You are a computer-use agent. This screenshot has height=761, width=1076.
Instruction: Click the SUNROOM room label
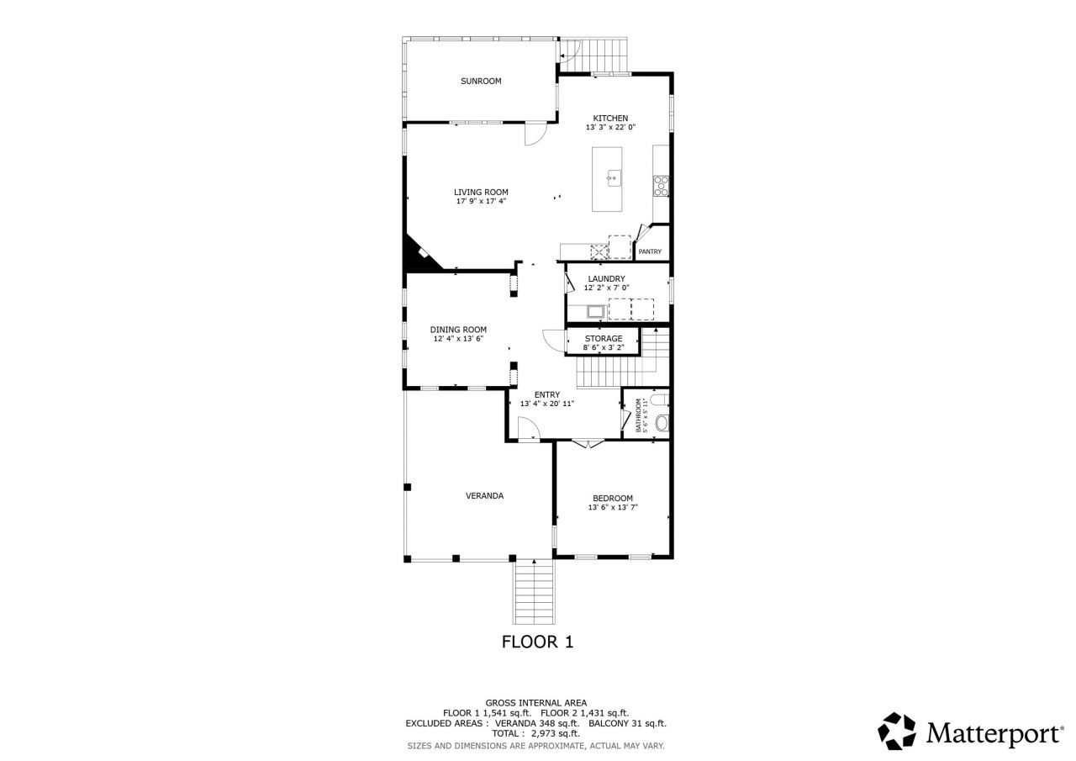(x=480, y=82)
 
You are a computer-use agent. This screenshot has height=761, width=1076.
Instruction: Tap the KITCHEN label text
(x=610, y=118)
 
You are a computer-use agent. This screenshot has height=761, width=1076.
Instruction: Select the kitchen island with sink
(x=608, y=179)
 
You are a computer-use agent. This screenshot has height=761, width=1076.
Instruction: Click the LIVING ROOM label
(x=481, y=192)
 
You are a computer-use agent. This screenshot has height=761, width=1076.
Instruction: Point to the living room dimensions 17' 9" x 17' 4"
(x=481, y=202)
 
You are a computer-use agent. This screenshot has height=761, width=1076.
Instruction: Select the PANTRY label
(x=650, y=251)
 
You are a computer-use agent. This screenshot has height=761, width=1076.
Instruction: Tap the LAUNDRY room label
(x=606, y=278)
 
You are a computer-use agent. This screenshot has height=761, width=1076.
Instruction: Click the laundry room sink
(x=596, y=312)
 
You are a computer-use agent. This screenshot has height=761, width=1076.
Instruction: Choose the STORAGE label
(x=604, y=338)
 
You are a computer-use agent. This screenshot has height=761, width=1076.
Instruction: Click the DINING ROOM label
(x=458, y=330)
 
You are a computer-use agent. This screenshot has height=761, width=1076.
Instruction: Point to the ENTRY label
(x=547, y=394)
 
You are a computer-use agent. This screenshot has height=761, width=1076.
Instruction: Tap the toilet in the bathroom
(x=662, y=400)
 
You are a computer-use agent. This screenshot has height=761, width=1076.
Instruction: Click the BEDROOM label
(x=612, y=498)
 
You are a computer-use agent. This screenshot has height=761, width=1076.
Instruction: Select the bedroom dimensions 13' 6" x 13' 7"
(x=612, y=508)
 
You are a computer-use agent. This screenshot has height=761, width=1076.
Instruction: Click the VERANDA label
(x=484, y=496)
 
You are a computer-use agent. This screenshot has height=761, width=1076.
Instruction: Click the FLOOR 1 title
(x=537, y=642)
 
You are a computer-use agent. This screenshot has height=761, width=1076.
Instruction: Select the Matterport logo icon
(x=897, y=732)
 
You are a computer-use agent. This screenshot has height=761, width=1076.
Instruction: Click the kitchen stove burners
(x=662, y=185)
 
